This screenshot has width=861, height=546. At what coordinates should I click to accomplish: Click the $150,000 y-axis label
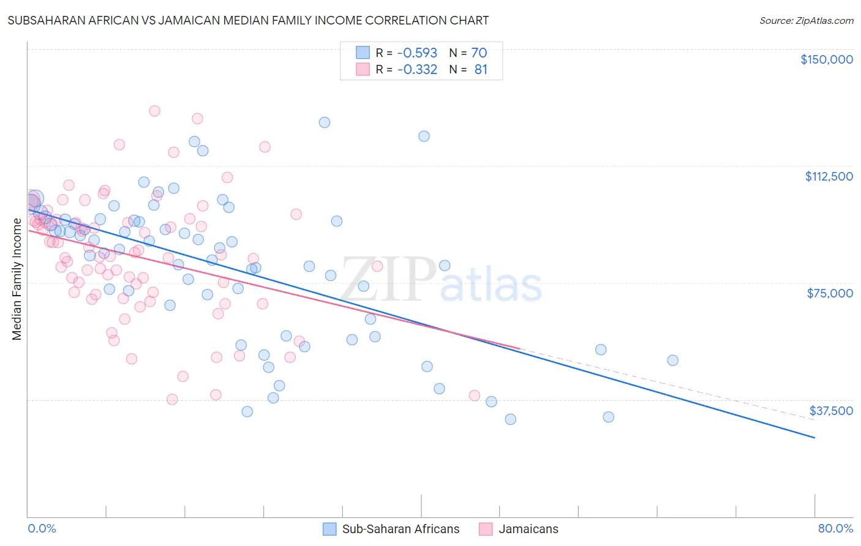[826, 59]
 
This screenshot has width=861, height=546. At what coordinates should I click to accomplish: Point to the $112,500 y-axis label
[829, 176]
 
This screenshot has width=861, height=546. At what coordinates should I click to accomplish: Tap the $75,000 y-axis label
[830, 293]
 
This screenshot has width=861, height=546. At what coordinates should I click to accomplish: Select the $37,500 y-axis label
[830, 411]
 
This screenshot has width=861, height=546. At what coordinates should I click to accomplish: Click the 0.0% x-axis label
[42, 528]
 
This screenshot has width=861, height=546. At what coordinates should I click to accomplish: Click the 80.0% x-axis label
[835, 528]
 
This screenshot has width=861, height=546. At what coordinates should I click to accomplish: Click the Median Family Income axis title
[17, 279]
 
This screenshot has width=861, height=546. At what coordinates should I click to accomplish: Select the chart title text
[248, 20]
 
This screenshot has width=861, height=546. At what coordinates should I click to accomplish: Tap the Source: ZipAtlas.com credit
[806, 21]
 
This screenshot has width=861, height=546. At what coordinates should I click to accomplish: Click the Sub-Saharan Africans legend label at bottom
[400, 529]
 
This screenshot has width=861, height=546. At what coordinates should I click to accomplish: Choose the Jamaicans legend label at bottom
[528, 529]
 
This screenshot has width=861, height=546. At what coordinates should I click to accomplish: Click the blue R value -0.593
[417, 53]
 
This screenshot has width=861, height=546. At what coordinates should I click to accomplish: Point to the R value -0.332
[417, 70]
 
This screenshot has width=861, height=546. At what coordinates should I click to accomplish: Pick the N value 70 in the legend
[479, 53]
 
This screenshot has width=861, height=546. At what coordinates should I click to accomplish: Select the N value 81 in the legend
[481, 70]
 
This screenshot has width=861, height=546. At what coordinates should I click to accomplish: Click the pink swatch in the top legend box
[363, 70]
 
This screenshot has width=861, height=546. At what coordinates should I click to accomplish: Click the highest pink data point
[154, 111]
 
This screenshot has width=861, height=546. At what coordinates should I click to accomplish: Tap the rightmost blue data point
[672, 361]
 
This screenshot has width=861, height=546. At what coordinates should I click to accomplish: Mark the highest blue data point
[325, 122]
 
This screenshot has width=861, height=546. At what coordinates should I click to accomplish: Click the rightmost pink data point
[474, 395]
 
